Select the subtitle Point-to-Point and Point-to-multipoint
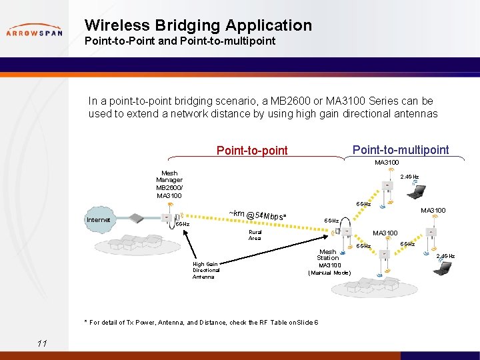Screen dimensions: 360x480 pyautogui.click(x=179, y=41)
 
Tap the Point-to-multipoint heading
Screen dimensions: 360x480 pyautogui.click(x=400, y=150)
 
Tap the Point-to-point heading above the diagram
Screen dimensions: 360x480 pyautogui.click(x=252, y=151)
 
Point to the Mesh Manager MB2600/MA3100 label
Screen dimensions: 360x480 pyautogui.click(x=169, y=184)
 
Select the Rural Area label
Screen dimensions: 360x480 pyautogui.click(x=255, y=235)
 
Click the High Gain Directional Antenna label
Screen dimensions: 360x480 pyautogui.click(x=206, y=270)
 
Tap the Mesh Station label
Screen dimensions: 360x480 pyautogui.click(x=327, y=255)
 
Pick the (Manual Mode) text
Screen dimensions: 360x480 pyautogui.click(x=329, y=273)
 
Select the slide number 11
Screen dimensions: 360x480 pyautogui.click(x=42, y=343)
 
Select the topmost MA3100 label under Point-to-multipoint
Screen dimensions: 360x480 pyautogui.click(x=387, y=163)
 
